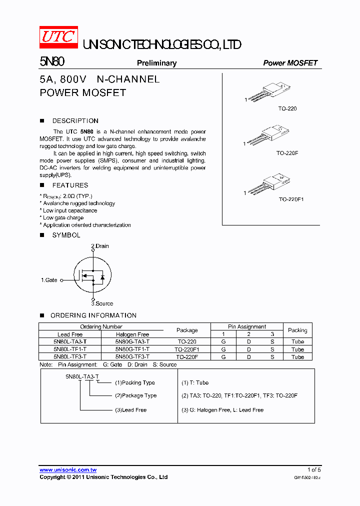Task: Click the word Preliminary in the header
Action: (x=156, y=63)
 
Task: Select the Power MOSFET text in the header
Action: (x=290, y=63)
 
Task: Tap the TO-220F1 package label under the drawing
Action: (x=291, y=199)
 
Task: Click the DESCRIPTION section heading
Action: (x=75, y=121)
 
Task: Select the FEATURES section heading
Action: (x=70, y=185)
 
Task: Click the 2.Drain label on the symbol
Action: (x=99, y=246)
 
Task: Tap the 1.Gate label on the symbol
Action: (x=49, y=280)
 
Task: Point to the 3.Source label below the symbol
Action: (x=102, y=303)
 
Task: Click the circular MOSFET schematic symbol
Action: (x=92, y=276)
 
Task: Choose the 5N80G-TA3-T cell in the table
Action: (x=132, y=341)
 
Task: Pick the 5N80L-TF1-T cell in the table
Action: (x=70, y=349)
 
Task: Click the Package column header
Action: (x=187, y=330)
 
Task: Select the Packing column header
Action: (x=297, y=330)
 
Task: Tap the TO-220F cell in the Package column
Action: (x=187, y=357)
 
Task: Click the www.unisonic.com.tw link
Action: (x=68, y=470)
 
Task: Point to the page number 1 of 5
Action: (x=313, y=469)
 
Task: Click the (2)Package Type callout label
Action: (x=135, y=395)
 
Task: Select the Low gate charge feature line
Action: (x=63, y=218)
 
